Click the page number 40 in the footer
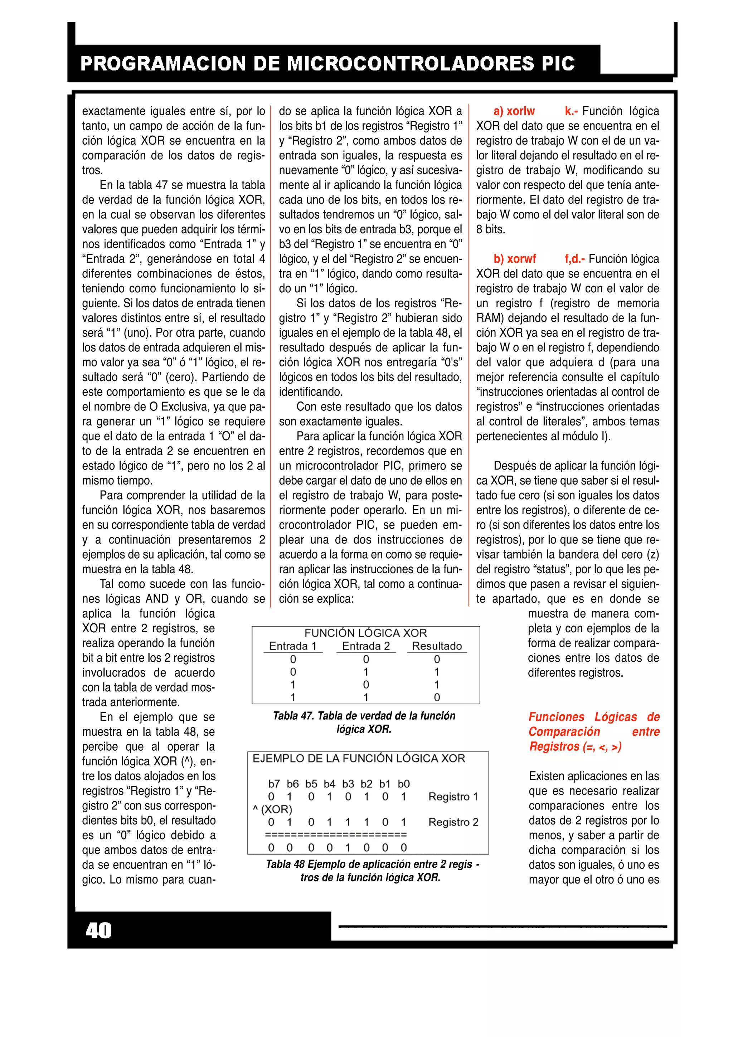tap(98, 931)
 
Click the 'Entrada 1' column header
tap(293, 646)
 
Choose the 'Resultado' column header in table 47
tap(437, 646)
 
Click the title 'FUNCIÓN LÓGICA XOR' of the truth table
tap(365, 633)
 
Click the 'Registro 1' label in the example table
tap(453, 797)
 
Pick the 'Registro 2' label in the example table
tap(453, 822)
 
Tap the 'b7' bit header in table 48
tap(274, 784)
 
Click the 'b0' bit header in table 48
tap(403, 784)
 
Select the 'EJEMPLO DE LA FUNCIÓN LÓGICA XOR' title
tap(359, 758)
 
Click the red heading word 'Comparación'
tap(564, 732)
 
